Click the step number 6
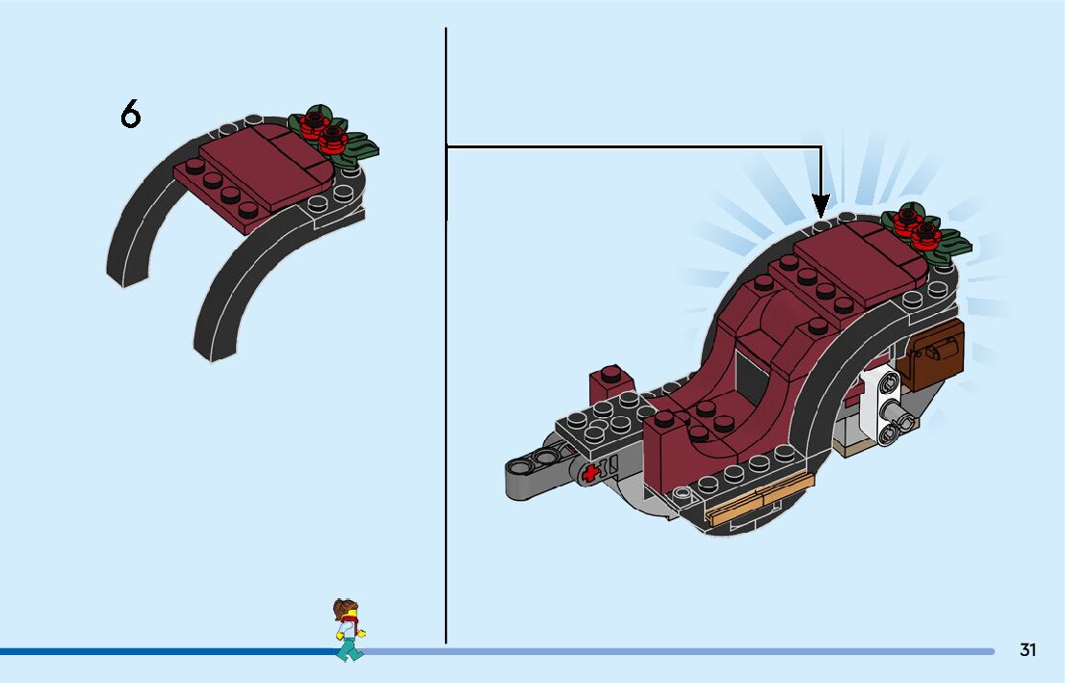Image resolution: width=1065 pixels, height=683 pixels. click(130, 115)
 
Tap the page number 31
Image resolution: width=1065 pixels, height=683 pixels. click(1027, 650)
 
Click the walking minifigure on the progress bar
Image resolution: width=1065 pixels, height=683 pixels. click(349, 630)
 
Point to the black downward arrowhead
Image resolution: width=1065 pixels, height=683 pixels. click(820, 205)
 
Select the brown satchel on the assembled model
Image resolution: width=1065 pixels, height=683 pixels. click(934, 355)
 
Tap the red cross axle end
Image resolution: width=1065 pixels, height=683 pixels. click(588, 471)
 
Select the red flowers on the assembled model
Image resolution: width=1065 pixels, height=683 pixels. click(916, 224)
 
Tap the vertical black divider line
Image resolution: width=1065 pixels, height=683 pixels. click(446, 385)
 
